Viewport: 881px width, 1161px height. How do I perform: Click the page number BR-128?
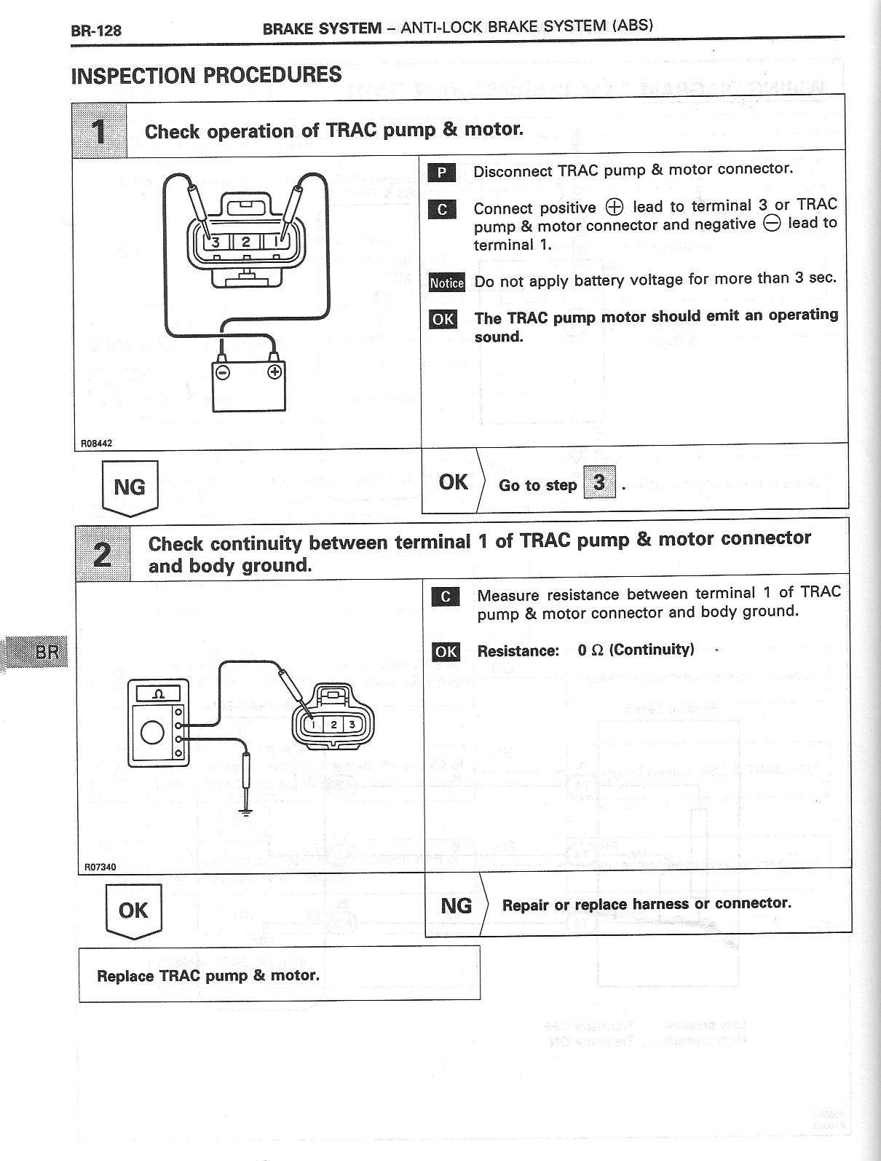96,31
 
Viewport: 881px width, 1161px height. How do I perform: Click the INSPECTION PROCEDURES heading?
206,75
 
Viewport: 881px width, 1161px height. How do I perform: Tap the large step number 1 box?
100,131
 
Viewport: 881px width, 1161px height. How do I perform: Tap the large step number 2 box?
103,554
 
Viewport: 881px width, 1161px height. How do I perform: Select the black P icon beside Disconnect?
441,173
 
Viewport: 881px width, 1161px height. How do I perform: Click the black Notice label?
446,283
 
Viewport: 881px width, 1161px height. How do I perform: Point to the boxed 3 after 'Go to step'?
599,482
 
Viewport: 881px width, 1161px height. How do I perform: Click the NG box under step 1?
130,487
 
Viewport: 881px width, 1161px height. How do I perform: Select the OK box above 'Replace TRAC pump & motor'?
133,910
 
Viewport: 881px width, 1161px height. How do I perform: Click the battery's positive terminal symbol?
274,372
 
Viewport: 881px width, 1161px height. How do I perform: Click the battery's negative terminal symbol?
224,372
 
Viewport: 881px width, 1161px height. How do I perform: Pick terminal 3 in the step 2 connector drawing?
352,724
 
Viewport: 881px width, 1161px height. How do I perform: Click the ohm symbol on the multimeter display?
158,694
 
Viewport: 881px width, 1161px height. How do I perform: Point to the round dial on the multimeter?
152,732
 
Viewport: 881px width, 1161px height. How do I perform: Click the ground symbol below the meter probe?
245,811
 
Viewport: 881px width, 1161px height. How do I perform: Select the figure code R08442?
96,443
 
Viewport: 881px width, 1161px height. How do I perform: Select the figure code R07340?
100,867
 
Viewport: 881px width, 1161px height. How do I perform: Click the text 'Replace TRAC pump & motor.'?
208,975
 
